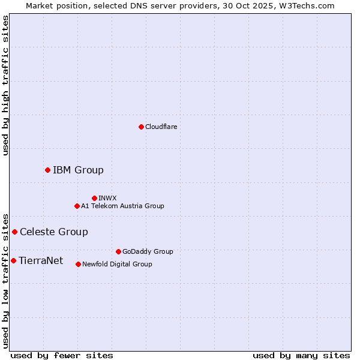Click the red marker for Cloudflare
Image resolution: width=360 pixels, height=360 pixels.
[141, 127]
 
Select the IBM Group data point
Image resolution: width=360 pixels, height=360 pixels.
[47, 170]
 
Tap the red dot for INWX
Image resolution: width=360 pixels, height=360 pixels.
[94, 198]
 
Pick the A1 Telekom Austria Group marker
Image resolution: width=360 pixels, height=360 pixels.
[77, 206]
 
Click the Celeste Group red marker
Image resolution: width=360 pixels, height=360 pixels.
[14, 232]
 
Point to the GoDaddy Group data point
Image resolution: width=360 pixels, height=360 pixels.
[118, 251]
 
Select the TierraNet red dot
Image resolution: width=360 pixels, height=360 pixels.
[13, 260]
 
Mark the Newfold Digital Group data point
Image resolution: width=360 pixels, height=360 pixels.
[78, 264]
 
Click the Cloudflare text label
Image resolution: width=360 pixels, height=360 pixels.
[161, 127]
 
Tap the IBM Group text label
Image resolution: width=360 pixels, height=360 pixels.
[78, 170]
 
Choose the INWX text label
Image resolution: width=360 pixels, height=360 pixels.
[107, 198]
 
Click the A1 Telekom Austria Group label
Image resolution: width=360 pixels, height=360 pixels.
[122, 206]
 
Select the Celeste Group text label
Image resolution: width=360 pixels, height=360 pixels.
[54, 232]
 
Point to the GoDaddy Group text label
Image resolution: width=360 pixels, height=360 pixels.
[148, 251]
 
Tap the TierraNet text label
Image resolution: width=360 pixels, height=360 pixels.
[41, 260]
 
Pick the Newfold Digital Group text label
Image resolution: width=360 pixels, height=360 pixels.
[117, 264]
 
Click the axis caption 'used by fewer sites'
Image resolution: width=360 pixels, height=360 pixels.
[62, 355]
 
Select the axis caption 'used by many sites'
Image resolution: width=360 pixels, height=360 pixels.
[301, 355]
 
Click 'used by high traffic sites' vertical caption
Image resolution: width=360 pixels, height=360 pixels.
[6, 85]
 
